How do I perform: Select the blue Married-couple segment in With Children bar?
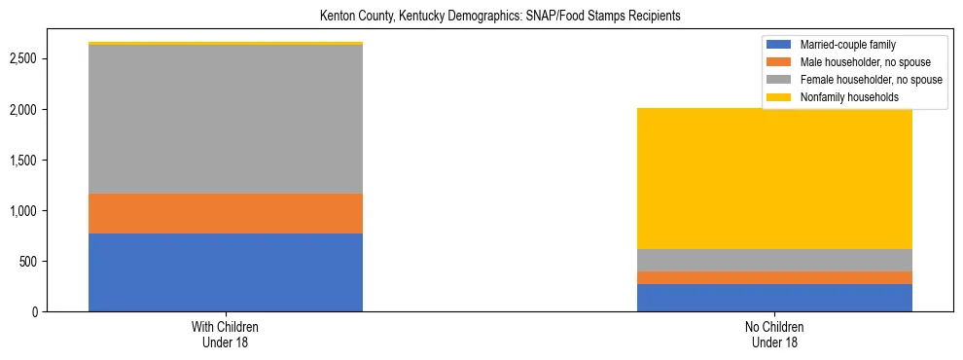coord(226,272)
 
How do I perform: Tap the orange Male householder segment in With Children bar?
coord(226,213)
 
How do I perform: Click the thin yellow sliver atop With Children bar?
coord(226,43)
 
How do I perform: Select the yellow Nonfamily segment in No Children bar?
coord(774,178)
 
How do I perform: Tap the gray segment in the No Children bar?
coord(774,260)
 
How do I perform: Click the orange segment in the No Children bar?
coord(774,277)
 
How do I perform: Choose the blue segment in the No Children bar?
coord(774,298)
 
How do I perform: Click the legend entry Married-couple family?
coord(847,45)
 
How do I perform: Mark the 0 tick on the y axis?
coord(35,312)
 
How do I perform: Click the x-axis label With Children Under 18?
coord(226,335)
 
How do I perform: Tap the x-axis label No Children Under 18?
coord(774,335)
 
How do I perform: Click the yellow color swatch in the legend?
coord(780,97)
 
